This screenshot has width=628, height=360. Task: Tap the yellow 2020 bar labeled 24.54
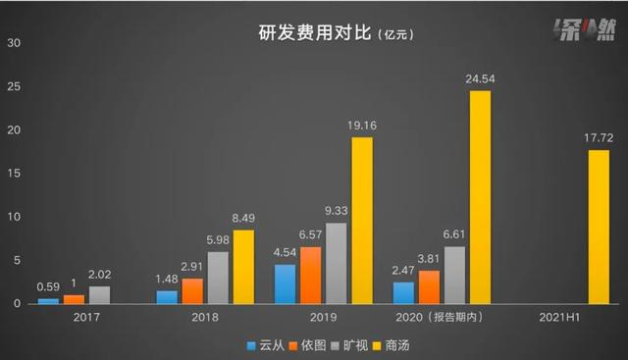click(480, 196)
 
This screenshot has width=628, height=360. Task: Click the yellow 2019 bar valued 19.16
click(362, 220)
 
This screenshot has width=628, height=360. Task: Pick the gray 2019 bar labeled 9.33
click(337, 263)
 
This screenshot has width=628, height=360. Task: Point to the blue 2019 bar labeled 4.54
click(285, 283)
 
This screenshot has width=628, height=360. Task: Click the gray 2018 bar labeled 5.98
click(219, 278)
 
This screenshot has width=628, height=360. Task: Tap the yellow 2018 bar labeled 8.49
click(244, 266)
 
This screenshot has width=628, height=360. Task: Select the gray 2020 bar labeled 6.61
click(454, 275)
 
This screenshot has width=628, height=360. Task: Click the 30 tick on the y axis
click(14, 43)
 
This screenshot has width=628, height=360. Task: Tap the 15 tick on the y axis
click(14, 174)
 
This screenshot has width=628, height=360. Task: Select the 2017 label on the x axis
click(87, 318)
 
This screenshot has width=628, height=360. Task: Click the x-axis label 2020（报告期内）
click(442, 318)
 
